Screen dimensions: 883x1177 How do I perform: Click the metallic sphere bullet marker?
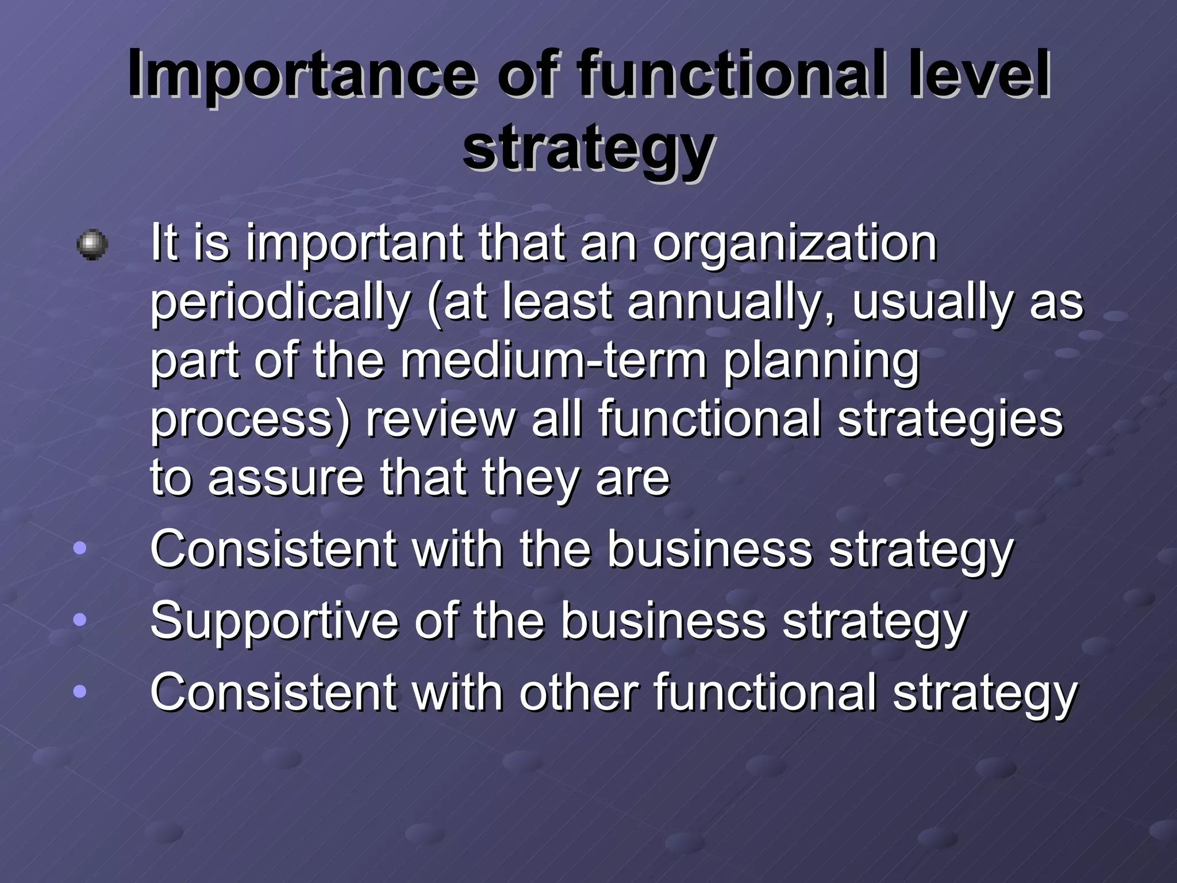(x=92, y=245)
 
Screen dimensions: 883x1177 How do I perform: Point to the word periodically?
(x=280, y=304)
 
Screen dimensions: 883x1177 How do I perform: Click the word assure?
(x=286, y=479)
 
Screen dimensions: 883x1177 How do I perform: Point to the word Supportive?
(x=274, y=623)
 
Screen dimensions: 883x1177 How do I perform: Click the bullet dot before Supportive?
(x=80, y=620)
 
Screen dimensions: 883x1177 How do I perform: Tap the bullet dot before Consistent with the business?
(x=80, y=548)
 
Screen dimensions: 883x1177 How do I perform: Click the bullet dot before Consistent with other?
(x=80, y=692)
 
